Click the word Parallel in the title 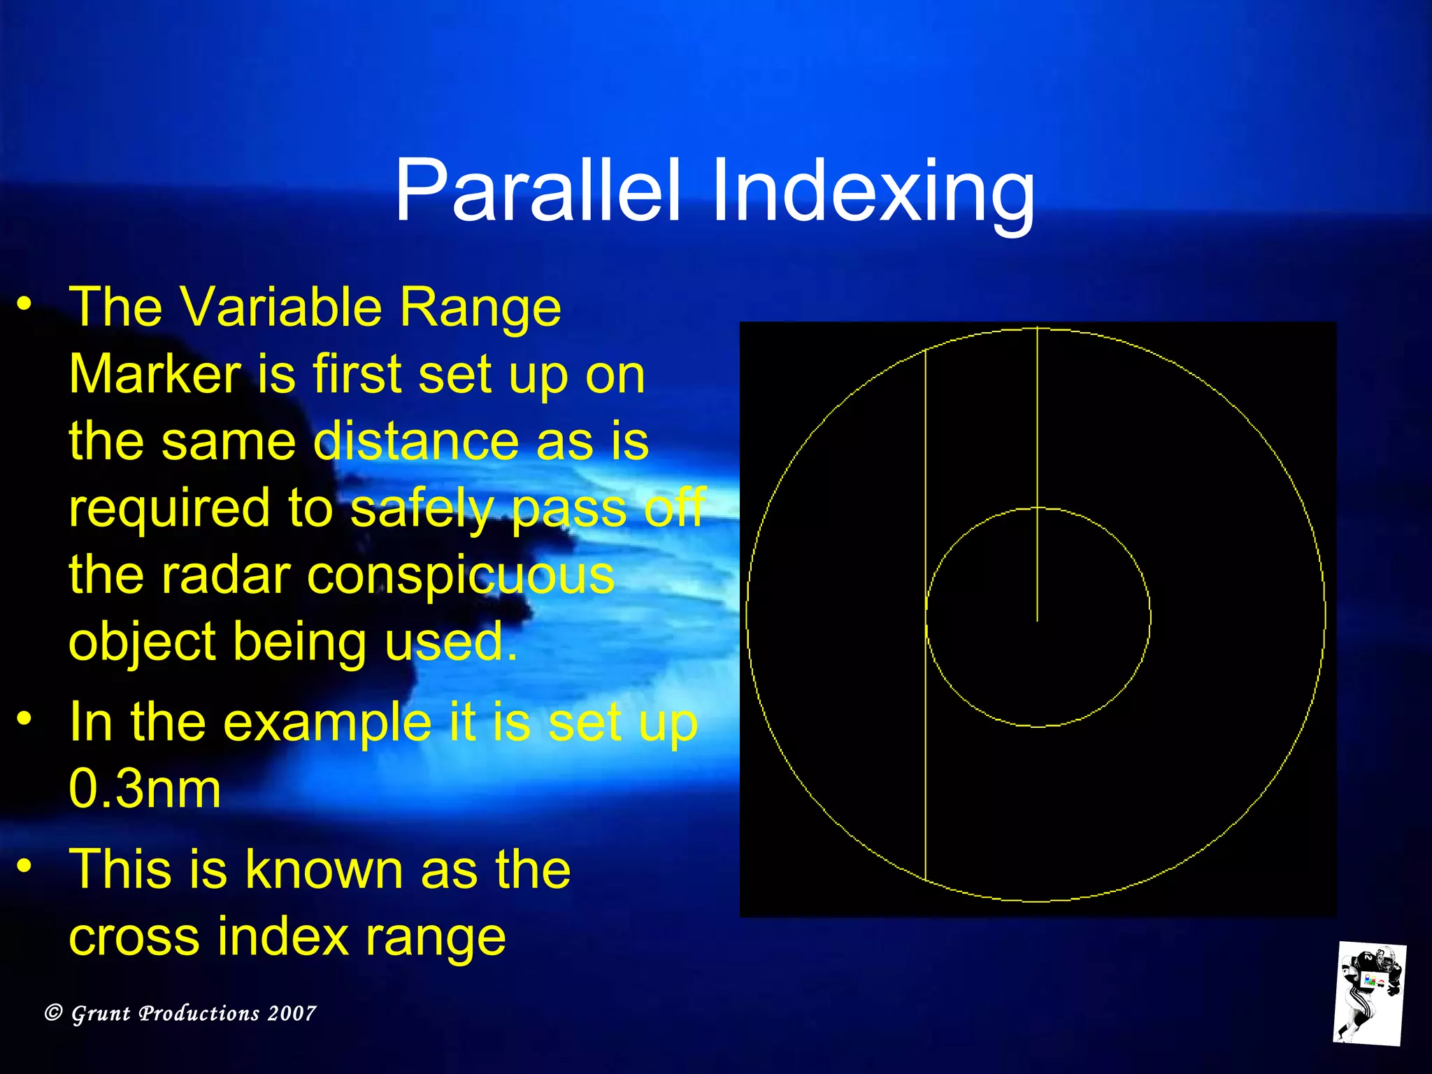click(537, 190)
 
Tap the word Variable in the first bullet click(282, 308)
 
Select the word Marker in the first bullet click(155, 375)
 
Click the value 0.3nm click(145, 789)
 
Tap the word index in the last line click(282, 936)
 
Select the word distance click(415, 442)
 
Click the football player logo click(1368, 993)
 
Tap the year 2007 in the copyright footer click(292, 1013)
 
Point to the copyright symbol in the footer click(54, 1012)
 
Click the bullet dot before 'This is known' click(25, 866)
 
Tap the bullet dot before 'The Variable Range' click(25, 303)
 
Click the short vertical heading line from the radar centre click(1037, 475)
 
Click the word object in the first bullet click(142, 642)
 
